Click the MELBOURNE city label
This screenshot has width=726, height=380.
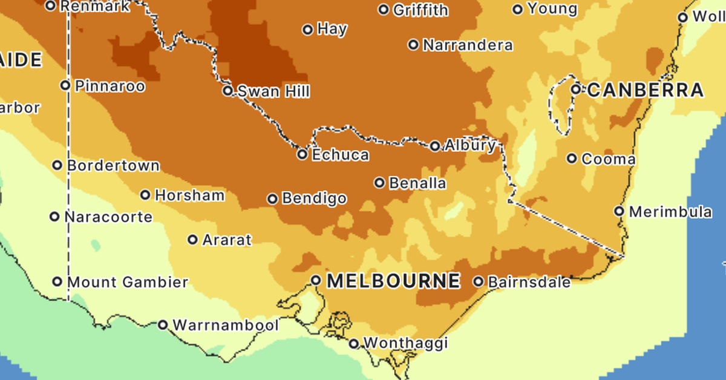pos(393,281)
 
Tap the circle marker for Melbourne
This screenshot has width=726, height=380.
pos(316,280)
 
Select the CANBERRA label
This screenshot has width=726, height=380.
pos(646,90)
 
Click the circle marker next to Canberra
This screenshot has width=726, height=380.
pos(576,90)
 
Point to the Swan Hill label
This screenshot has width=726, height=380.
pos(273,91)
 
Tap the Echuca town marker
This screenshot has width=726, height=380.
pos(302,155)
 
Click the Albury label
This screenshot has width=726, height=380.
pos(470,145)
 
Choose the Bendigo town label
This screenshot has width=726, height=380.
pos(315,198)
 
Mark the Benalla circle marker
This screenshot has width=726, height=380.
pos(379,183)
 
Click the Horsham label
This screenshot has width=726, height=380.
pos(189,195)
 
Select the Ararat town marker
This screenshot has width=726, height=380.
pos(192,240)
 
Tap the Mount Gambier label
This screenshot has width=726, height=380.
pos(128,282)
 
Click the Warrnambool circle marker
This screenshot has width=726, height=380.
pos(163,325)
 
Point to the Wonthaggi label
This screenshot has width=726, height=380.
pos(405,344)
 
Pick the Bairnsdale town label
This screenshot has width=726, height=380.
pos(529,282)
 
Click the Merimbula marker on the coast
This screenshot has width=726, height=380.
pos(619,211)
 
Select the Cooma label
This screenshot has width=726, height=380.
pos(608,160)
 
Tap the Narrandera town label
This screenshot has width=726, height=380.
pos(468,45)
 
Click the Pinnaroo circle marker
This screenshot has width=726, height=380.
pos(65,85)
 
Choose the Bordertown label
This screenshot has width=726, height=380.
pos(113,165)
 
